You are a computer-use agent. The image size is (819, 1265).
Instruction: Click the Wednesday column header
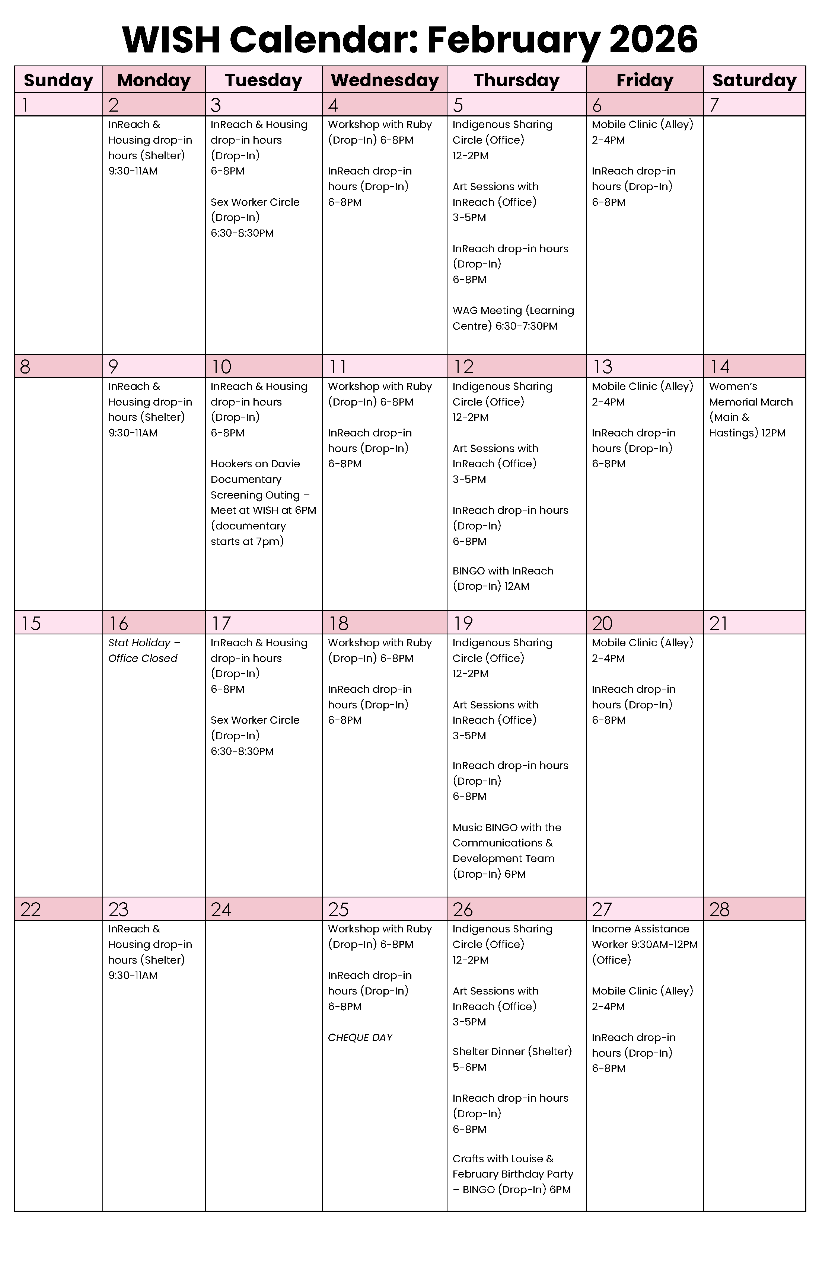coord(385,80)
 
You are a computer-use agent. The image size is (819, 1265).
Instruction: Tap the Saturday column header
coord(754,80)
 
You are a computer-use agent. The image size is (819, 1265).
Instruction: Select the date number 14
coord(720,367)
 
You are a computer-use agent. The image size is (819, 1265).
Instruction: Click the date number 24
coord(221,909)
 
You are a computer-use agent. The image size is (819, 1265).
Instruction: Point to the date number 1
coord(25,105)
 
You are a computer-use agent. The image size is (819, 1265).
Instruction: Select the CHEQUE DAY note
coord(360,1038)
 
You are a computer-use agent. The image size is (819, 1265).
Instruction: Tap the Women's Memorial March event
coord(751,409)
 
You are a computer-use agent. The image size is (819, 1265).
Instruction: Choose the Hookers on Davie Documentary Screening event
coord(263,502)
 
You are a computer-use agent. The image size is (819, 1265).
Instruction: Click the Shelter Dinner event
coord(512,1059)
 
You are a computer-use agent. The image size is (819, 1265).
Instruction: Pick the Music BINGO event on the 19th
coord(506,851)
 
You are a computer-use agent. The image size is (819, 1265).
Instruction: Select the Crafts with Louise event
coord(512,1174)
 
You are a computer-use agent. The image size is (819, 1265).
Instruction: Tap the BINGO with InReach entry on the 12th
coord(503,578)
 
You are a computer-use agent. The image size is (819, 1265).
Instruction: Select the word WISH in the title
coord(171,40)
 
